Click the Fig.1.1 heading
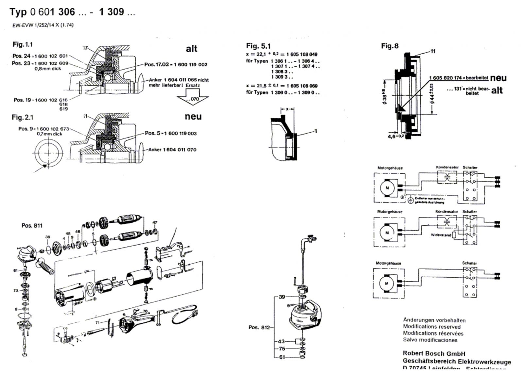23,44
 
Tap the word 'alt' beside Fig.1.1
191,49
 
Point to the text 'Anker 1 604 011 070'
172,150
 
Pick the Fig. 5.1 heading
258,46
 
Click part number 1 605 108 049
302,54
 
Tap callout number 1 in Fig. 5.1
316,131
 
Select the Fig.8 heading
390,46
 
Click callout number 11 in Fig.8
433,51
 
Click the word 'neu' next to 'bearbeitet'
498,78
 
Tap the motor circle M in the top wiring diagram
387,188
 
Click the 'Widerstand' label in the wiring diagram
441,235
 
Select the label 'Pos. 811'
32,225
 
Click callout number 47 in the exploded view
155,222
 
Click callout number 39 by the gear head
282,297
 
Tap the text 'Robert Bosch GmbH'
434,353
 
